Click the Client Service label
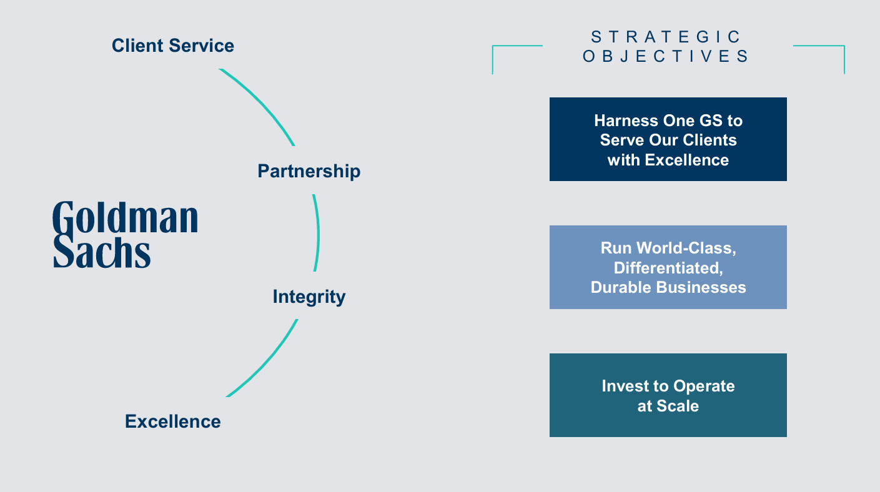pyautogui.click(x=173, y=46)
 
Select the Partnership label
pyautogui.click(x=309, y=171)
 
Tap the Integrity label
pyautogui.click(x=309, y=297)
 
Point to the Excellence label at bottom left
pyautogui.click(x=173, y=421)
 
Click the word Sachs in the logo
pyautogui.click(x=102, y=252)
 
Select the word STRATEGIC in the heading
pyautogui.click(x=666, y=37)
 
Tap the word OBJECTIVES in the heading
pyautogui.click(x=666, y=56)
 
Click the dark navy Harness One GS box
pyautogui.click(x=668, y=139)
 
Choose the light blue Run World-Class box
pyautogui.click(x=668, y=267)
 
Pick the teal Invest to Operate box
pyautogui.click(x=668, y=395)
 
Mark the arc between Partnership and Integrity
pyautogui.click(x=317, y=234)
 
